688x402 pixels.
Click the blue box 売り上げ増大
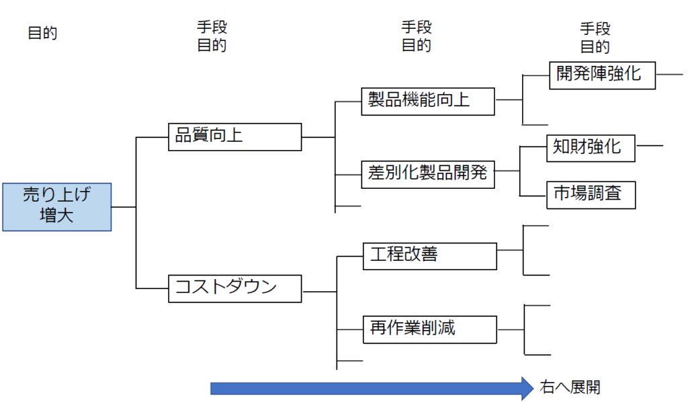tap(56, 206)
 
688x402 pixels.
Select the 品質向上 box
tap(234, 136)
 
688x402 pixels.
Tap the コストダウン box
tap(234, 288)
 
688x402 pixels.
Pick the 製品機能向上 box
tap(428, 100)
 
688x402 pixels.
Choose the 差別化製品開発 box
tap(428, 173)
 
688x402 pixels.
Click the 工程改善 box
tap(429, 255)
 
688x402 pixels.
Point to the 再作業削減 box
tap(429, 329)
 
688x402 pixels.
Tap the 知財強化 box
tap(591, 147)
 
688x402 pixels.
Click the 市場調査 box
tap(591, 195)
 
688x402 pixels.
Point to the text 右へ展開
tap(570, 388)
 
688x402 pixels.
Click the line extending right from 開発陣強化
tap(669, 74)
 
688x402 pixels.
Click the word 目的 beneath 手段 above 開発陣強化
tap(595, 47)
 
